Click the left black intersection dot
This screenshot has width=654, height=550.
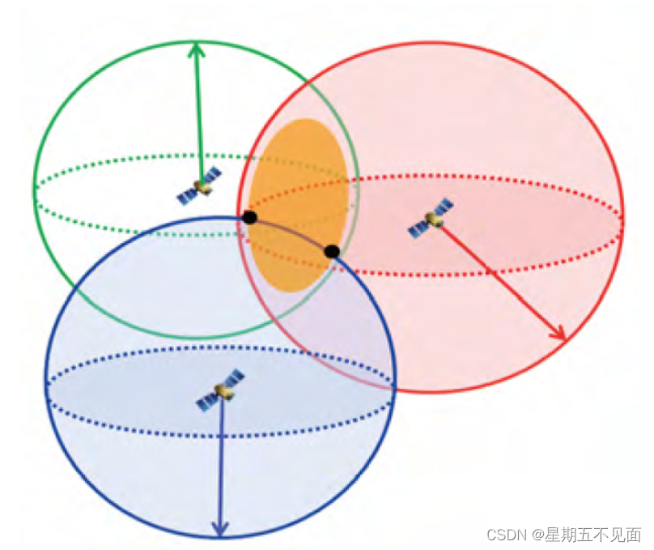click(x=249, y=217)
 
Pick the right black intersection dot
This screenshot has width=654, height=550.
click(x=331, y=251)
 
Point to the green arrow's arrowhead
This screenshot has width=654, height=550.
click(x=195, y=50)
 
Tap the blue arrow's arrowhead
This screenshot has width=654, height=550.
click(x=219, y=528)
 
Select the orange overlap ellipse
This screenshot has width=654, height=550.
click(x=298, y=203)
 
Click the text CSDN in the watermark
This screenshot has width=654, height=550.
click(x=506, y=535)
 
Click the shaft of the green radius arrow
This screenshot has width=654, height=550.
click(x=197, y=113)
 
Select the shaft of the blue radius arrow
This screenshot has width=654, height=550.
click(x=221, y=462)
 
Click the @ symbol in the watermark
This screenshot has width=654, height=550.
click(x=537, y=535)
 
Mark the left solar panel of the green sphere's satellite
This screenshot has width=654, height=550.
click(x=187, y=195)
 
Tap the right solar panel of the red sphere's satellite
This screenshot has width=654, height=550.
click(x=444, y=208)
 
